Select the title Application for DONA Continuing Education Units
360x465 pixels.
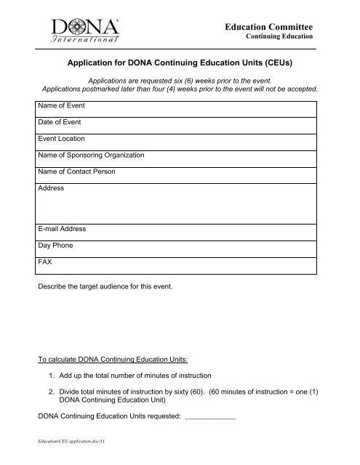coord(180,63)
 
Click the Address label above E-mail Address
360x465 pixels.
coord(50,188)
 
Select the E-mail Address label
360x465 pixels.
coord(62,229)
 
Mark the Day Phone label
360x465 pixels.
coord(55,246)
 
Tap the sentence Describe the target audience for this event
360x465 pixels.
coord(105,288)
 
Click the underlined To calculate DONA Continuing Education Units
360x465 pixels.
coord(111,359)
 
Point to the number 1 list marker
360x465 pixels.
coord(50,376)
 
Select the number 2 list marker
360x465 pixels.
coord(50,393)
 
